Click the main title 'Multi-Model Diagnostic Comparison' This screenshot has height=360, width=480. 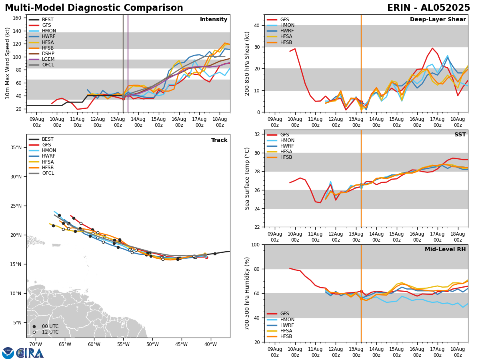pos(94,8)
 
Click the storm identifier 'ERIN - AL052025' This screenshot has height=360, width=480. pos(428,8)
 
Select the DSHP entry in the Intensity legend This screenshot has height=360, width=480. pos(48,54)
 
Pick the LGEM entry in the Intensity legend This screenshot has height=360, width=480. pos(48,59)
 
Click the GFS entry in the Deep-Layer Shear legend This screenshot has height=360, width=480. pos(285,20)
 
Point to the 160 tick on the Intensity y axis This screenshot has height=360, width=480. pos(19,18)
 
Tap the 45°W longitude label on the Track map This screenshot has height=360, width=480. pos(181,344)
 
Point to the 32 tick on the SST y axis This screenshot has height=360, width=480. pos(257,134)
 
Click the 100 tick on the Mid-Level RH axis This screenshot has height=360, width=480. pos(255,244)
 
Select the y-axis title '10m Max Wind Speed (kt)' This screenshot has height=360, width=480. pos(8,63)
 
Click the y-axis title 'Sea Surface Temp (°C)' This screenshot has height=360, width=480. pos(248,178)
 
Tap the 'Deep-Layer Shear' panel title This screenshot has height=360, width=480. pos(438,20)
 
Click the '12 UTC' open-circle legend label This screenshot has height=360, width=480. pos(50,332)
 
